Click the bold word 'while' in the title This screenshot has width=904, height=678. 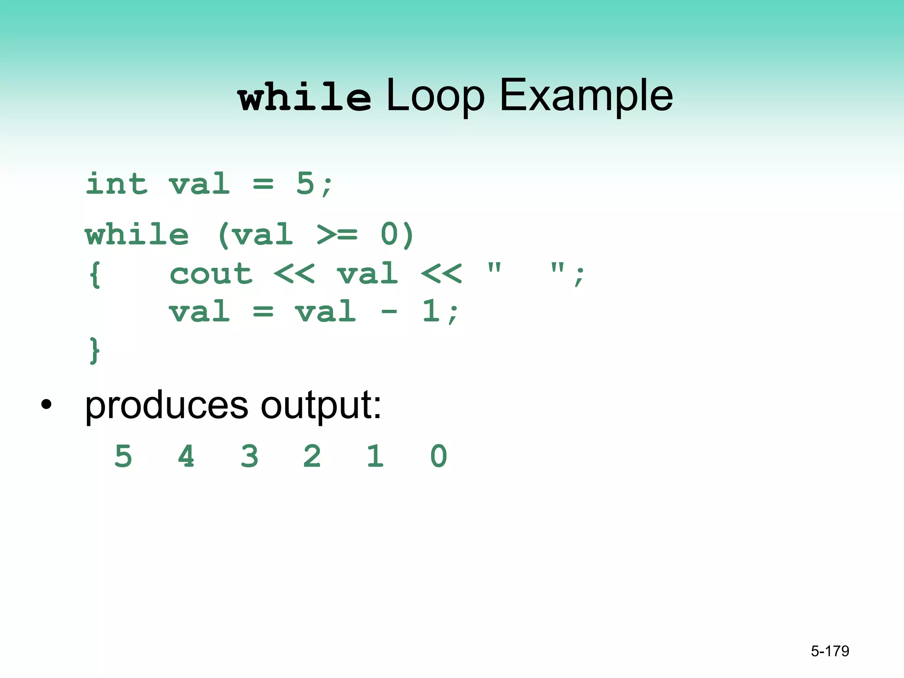click(x=304, y=97)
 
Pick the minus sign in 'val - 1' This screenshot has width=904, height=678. click(x=389, y=312)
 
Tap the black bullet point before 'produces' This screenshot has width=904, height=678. click(x=46, y=404)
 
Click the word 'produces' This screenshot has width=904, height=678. click(x=166, y=405)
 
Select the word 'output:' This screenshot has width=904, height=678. click(x=321, y=405)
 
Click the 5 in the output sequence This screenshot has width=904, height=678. click(x=123, y=456)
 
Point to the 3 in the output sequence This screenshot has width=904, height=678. click(x=249, y=456)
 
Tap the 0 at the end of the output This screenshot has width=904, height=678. click(x=439, y=456)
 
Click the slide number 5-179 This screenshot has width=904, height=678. click(x=830, y=651)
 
